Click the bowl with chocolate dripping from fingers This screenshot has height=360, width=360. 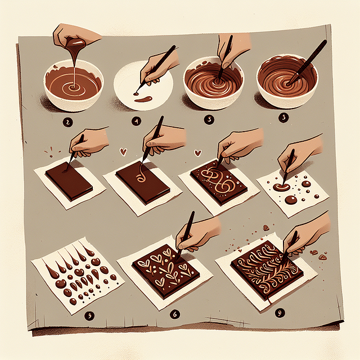click(73, 84)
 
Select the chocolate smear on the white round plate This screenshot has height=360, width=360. click(143, 100)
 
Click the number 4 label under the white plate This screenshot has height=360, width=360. click(136, 120)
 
